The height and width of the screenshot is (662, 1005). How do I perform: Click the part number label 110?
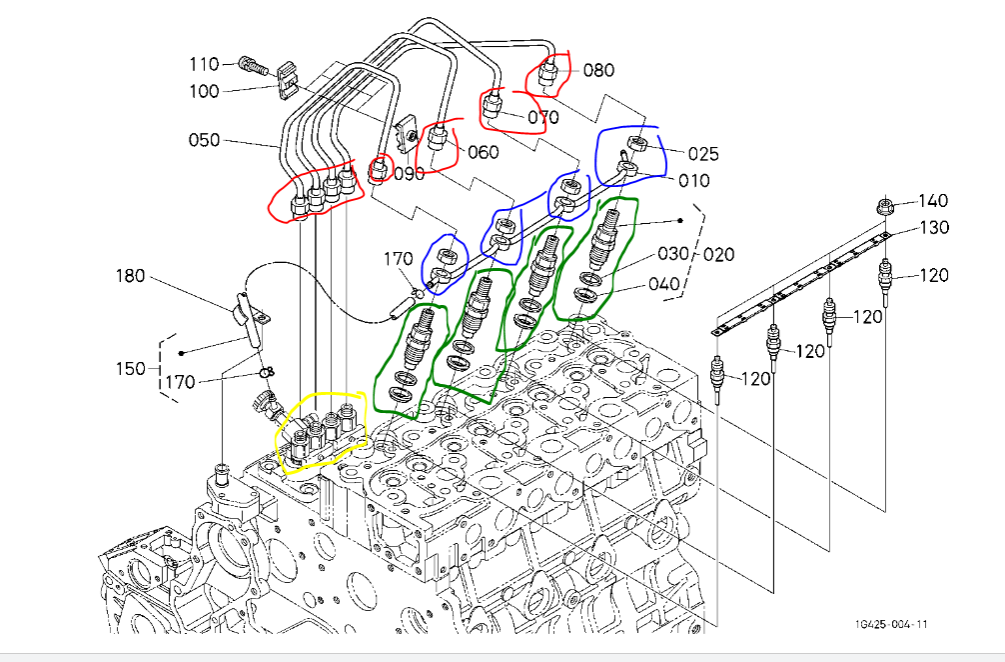(204, 65)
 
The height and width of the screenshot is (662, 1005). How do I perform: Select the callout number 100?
(204, 91)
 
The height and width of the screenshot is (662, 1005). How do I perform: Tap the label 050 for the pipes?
(204, 140)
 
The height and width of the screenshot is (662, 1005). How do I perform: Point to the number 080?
(599, 71)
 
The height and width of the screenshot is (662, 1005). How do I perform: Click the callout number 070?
(543, 117)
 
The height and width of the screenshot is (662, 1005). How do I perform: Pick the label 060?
(482, 153)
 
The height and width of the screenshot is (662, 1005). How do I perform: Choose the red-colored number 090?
(409, 173)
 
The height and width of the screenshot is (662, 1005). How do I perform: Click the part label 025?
(703, 154)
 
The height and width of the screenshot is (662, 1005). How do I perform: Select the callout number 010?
(694, 181)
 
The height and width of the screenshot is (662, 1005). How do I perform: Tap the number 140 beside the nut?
(933, 201)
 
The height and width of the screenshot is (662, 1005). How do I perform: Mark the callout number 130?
(934, 228)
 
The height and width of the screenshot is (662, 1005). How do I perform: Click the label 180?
(132, 276)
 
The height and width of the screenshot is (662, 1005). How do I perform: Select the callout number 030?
(672, 254)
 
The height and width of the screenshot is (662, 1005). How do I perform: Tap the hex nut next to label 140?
(884, 206)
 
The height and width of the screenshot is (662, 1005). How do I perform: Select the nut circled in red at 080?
(548, 73)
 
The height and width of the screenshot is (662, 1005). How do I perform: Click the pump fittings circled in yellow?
(322, 431)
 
